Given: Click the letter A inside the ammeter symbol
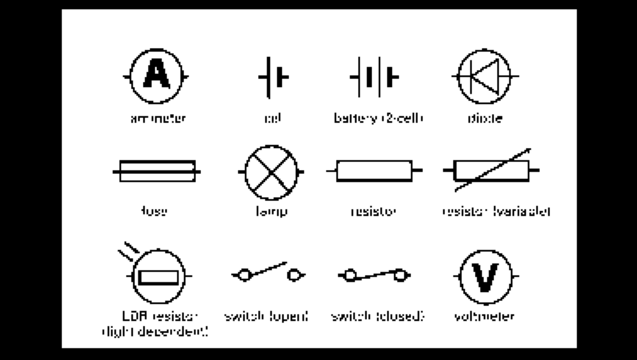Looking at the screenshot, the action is tap(157, 75).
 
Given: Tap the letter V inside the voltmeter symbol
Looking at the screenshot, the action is tap(485, 277).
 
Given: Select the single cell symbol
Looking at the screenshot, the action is tap(273, 77).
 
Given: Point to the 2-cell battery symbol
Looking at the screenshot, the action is tap(374, 77).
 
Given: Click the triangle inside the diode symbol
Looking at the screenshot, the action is tap(485, 76).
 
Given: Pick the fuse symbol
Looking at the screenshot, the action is tap(157, 171).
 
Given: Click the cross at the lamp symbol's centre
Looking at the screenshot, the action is tap(271, 172).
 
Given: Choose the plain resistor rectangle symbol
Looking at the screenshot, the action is tap(374, 171).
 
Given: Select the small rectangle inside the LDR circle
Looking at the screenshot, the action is tap(158, 277).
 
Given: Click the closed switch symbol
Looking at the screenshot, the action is tap(374, 275).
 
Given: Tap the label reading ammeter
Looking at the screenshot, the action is tap(158, 118).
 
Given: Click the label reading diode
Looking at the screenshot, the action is tap(485, 118).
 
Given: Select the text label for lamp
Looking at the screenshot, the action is tap(271, 211).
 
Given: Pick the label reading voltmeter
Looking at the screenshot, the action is tap(484, 316).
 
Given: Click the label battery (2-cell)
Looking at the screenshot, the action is tap(378, 118).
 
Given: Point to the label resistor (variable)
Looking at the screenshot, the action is tap(496, 211).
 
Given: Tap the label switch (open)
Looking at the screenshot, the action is tap(266, 316).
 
